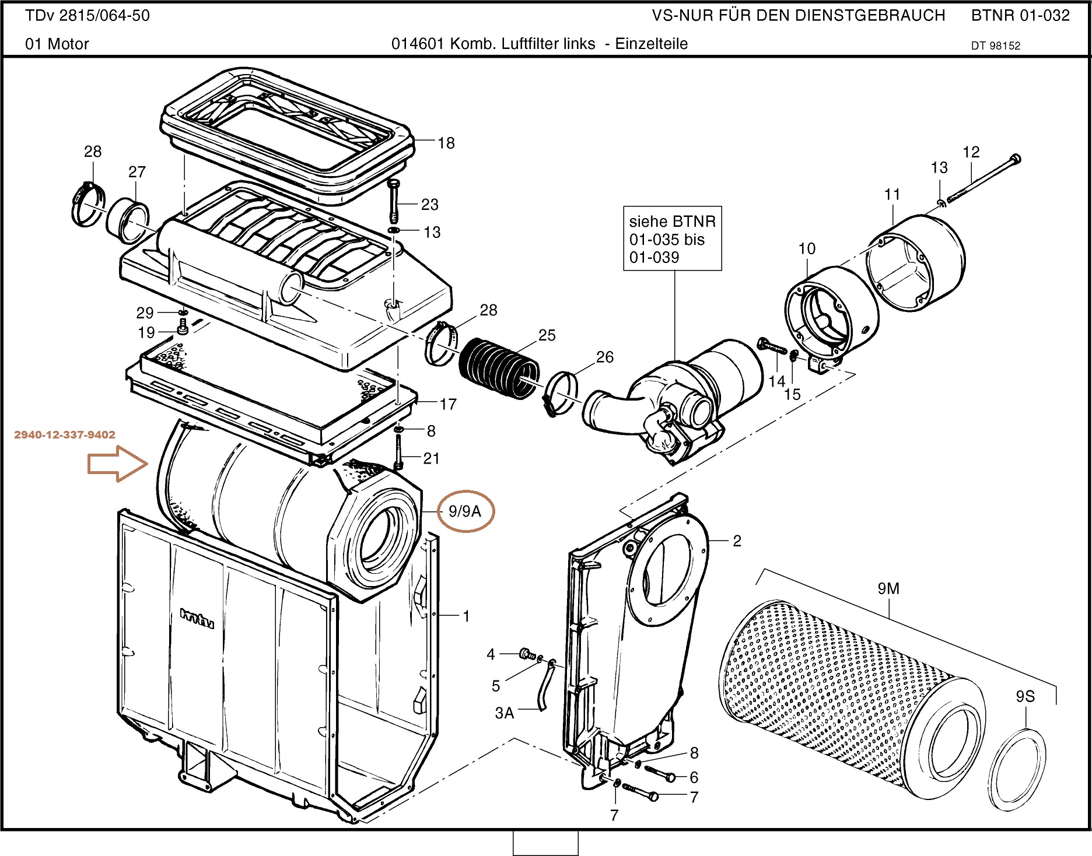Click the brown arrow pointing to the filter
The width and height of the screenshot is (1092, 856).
(117, 464)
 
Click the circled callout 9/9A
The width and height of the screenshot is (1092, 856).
(465, 511)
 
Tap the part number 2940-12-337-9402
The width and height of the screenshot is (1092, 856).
(65, 434)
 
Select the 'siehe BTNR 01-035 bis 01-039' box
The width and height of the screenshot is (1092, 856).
(673, 238)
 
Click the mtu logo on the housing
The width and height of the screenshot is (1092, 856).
(197, 618)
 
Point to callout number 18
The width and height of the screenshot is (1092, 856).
(446, 143)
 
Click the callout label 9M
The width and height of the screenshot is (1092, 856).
(888, 589)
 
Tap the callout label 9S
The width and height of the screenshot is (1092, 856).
(1025, 696)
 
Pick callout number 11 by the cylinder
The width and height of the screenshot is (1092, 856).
(892, 194)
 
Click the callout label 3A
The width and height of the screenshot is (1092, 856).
(505, 713)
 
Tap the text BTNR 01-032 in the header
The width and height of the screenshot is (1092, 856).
(1020, 16)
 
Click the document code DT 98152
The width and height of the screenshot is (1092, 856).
(996, 46)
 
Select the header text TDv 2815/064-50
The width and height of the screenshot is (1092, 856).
(87, 16)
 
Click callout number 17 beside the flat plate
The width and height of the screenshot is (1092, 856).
(448, 404)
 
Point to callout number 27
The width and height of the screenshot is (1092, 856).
(137, 171)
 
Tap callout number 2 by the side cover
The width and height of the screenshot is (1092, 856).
(737, 541)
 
